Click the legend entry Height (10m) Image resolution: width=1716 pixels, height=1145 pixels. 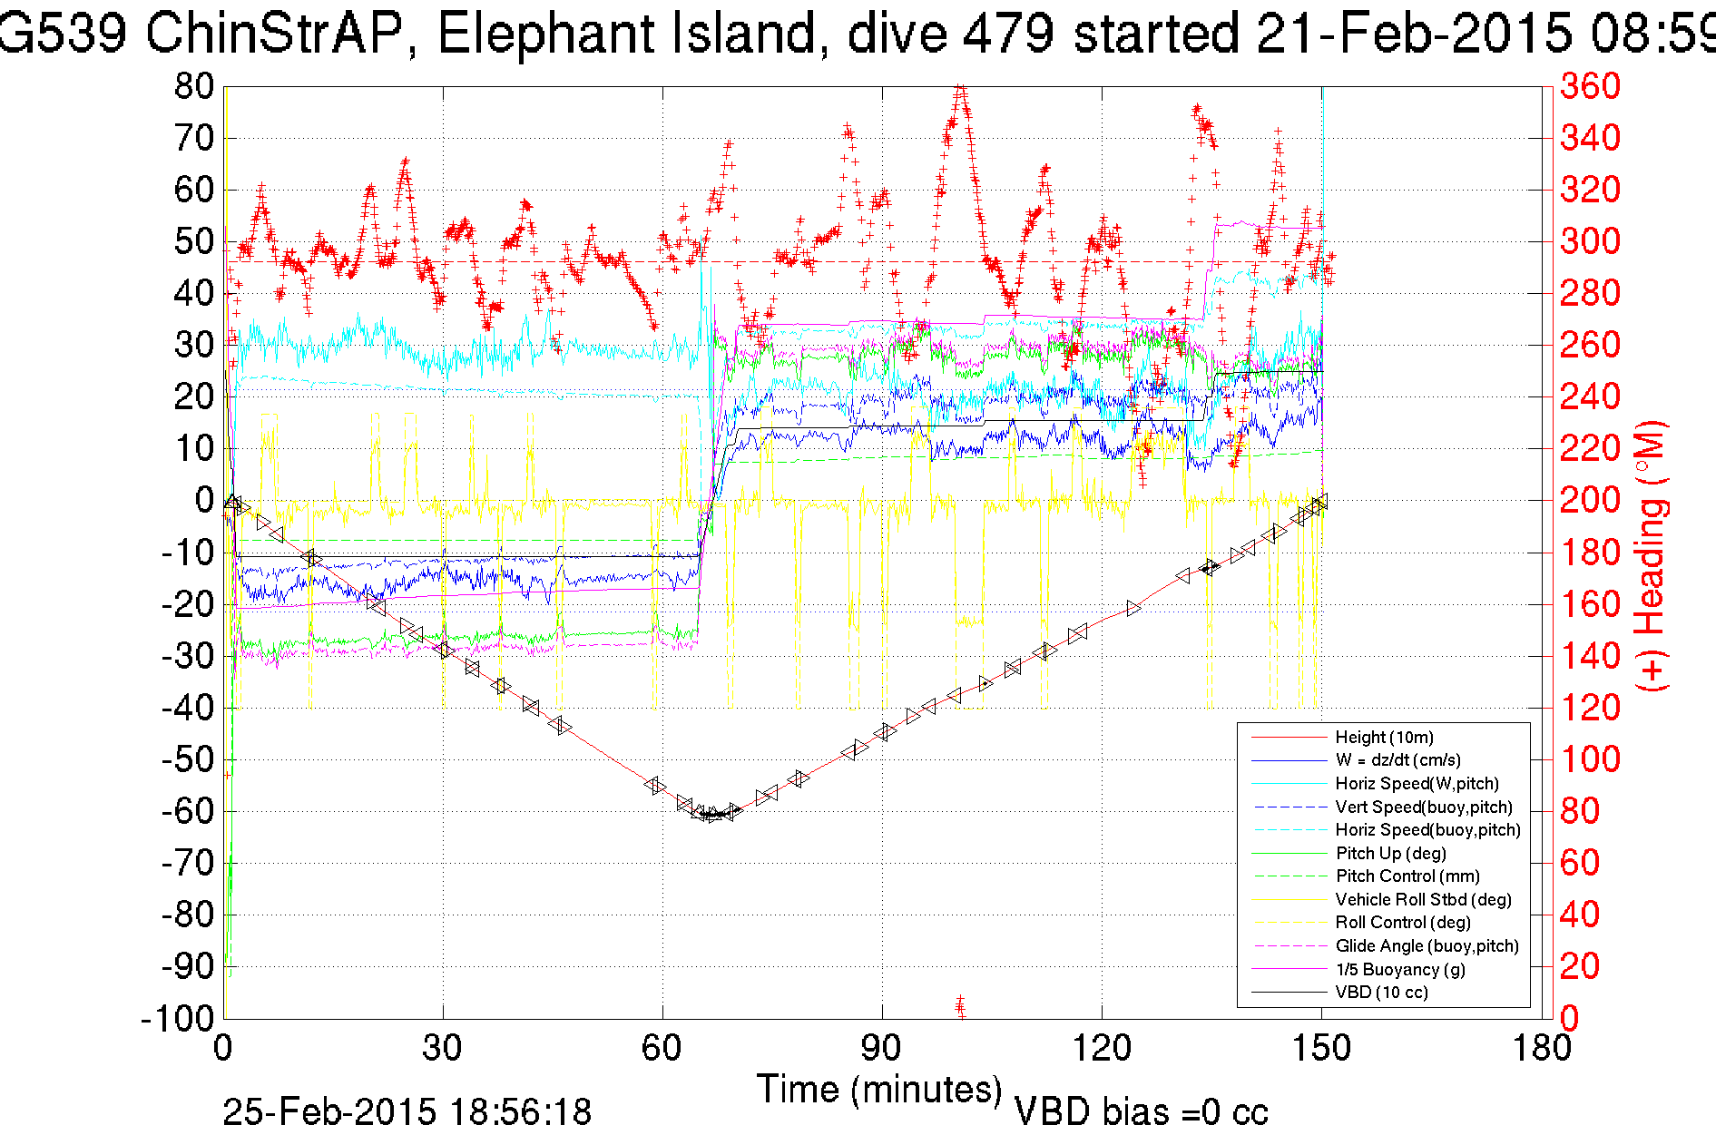1384,738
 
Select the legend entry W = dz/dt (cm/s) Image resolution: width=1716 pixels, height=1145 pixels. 1397,760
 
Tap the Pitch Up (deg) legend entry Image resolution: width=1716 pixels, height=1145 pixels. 1390,853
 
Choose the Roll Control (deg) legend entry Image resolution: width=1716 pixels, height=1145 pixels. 1403,923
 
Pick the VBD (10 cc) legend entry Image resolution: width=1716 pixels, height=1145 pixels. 1381,993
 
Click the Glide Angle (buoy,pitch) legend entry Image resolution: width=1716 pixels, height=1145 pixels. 1427,946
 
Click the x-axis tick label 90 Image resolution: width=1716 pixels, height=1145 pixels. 881,1049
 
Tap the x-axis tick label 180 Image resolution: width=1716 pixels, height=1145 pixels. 1541,1049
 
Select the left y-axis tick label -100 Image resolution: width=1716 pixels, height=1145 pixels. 177,1019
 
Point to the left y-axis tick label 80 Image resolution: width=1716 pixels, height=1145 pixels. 194,87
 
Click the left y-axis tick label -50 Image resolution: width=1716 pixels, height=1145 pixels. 188,759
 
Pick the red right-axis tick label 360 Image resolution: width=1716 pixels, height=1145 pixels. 1590,87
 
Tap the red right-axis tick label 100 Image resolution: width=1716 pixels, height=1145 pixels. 1590,759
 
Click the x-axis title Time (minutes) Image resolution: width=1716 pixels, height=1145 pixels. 879,1090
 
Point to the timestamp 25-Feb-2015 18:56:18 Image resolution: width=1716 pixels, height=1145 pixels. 407,1112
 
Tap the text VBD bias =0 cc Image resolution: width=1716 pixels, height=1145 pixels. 1141,1112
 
